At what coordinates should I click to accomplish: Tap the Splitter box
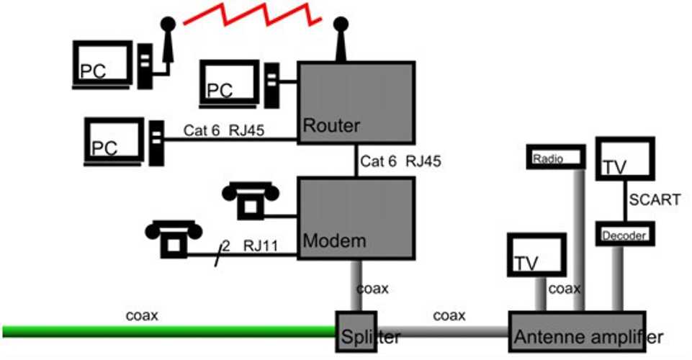358,333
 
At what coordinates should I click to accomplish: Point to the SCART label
654,200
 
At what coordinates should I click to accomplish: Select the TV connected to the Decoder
625,160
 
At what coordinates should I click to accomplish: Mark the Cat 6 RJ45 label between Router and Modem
400,161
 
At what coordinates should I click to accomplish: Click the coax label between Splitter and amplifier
449,316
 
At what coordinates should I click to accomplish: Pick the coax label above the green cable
142,315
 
